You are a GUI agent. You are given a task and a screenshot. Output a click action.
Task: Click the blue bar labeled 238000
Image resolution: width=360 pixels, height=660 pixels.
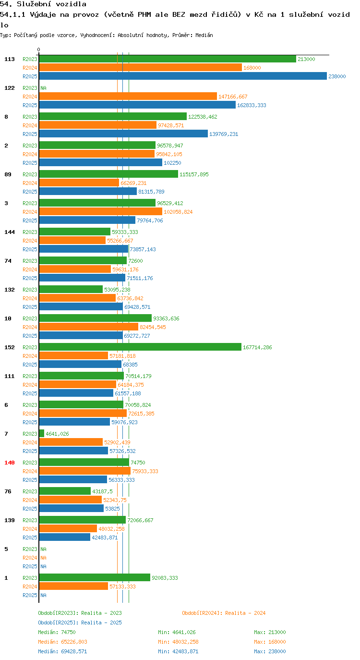coord(183,76)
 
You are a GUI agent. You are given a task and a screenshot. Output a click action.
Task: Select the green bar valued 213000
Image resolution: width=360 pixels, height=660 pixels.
coord(168,59)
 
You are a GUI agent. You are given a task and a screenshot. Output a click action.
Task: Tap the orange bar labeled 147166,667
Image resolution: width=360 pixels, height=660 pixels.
coord(128,97)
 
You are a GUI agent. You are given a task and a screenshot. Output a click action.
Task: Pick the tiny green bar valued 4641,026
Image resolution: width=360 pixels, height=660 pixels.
coord(41,433)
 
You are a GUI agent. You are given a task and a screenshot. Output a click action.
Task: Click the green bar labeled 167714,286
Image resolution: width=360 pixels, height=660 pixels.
coord(140,347)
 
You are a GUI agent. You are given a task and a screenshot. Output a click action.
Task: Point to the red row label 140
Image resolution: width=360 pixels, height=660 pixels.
coord(10,463)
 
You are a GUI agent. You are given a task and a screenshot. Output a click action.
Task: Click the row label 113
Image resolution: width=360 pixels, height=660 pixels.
coord(10,59)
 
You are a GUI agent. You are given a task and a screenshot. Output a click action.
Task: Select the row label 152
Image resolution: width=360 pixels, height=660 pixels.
coord(10,347)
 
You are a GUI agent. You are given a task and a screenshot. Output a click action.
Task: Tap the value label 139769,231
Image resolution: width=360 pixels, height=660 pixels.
coord(224,134)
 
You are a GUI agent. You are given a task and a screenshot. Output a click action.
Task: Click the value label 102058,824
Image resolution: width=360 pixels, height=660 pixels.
coord(178,212)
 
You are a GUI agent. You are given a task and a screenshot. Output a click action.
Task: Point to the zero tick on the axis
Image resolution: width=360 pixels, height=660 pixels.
coord(38,50)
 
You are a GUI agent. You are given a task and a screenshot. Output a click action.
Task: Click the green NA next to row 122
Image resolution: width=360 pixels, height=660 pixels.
coord(43,88)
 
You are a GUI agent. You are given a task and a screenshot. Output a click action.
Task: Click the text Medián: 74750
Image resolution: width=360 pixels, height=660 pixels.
coord(57,632)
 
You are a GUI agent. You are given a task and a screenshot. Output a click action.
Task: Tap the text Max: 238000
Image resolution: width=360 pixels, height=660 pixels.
coord(270,651)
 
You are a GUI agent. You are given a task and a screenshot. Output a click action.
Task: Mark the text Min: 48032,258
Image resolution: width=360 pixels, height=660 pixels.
coord(178,642)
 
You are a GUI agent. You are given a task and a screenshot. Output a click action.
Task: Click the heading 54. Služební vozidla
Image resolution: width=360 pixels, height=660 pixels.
coord(43,4)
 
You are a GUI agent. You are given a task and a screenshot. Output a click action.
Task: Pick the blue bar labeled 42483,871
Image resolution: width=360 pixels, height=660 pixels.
coord(65,537)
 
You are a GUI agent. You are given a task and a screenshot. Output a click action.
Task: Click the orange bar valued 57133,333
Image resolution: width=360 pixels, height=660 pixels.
coord(73,586)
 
